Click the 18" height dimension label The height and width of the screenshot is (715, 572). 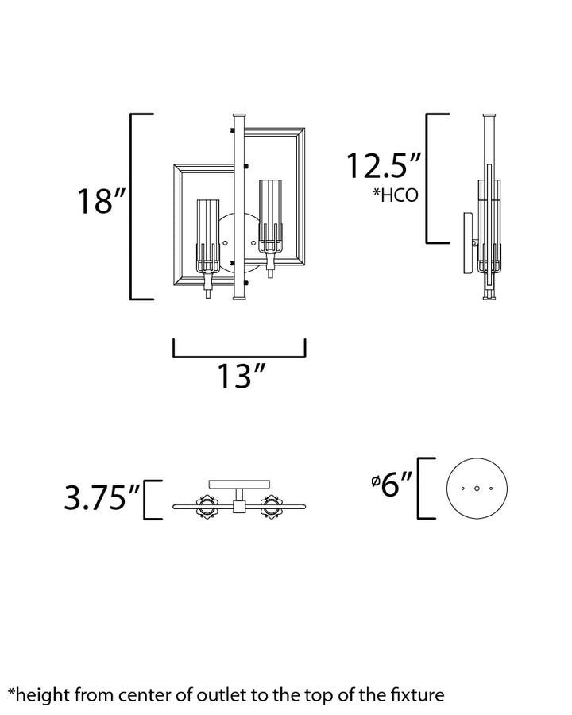101,201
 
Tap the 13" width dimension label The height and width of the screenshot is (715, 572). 241,377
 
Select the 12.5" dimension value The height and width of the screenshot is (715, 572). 383,165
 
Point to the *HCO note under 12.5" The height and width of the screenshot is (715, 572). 395,195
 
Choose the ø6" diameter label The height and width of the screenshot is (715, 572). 392,485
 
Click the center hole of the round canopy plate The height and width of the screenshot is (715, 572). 477,489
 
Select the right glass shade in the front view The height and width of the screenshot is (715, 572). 270,216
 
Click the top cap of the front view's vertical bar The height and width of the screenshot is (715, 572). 239,115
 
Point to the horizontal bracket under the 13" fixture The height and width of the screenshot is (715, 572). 239,354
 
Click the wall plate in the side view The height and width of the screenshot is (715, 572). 468,243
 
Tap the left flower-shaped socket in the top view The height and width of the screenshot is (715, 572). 207,507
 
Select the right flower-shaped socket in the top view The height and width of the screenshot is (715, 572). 272,507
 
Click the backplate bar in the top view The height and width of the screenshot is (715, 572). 239,485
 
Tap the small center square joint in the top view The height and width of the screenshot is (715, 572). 239,507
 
